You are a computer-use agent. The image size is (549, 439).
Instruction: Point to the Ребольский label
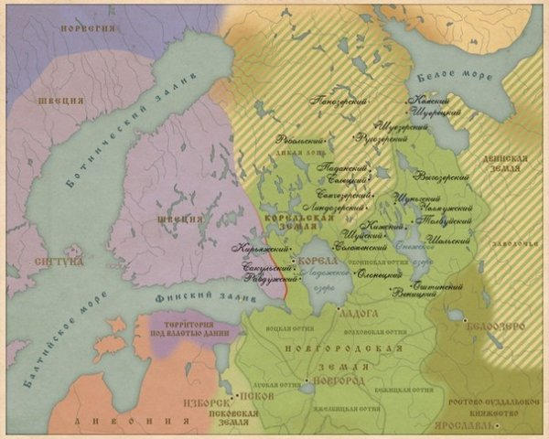point(299,140)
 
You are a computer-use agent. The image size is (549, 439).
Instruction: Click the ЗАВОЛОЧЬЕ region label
point(525,244)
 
